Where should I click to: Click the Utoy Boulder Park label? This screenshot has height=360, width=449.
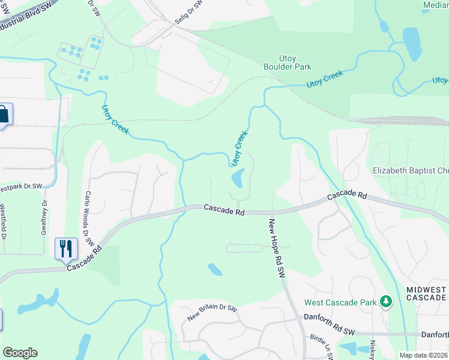point(288,62)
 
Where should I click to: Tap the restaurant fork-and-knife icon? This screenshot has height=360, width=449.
point(66,248)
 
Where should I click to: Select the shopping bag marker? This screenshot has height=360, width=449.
point(3,114)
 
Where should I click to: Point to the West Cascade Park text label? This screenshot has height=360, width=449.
point(340,302)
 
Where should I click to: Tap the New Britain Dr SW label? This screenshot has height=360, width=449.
point(212,313)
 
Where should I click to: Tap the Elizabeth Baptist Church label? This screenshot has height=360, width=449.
point(411,171)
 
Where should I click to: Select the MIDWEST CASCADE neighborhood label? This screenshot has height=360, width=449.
point(426,293)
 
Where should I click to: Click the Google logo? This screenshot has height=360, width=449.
point(20,353)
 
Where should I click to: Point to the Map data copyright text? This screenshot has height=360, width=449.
point(424,355)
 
